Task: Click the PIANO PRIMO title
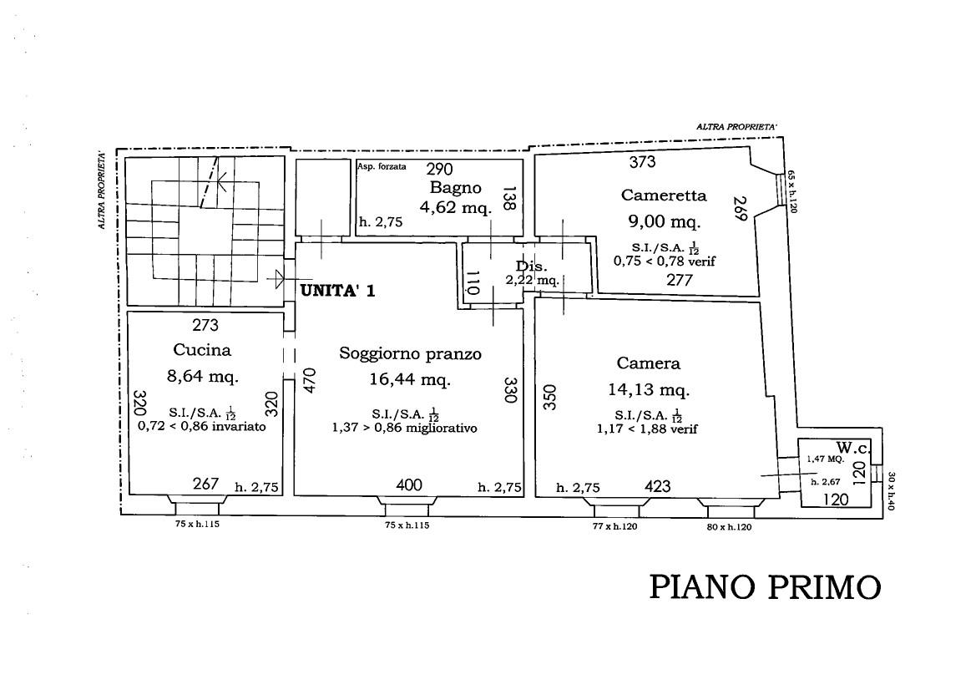(765, 586)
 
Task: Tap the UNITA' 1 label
(338, 291)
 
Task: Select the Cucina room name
(202, 350)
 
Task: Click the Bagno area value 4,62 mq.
(456, 208)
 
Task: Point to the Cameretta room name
(664, 195)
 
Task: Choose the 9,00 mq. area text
(664, 222)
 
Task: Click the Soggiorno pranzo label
(410, 353)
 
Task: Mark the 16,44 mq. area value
(410, 380)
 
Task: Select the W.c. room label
(852, 448)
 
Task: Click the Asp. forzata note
(382, 166)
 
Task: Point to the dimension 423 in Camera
(658, 486)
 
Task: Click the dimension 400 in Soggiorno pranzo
(409, 485)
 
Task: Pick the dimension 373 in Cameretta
(642, 162)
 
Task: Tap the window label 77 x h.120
(612, 527)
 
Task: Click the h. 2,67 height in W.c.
(825, 481)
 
